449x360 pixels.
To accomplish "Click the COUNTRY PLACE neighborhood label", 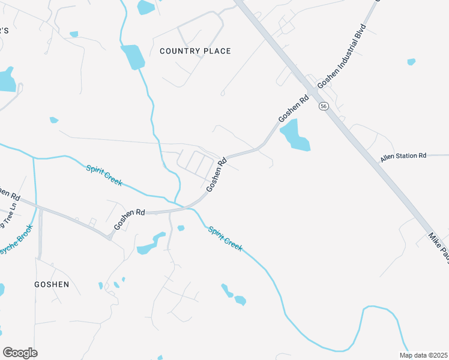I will pyautogui.click(x=195, y=51).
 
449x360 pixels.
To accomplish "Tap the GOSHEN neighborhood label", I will pyautogui.click(x=52, y=284).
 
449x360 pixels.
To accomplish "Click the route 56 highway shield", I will pyautogui.click(x=324, y=106).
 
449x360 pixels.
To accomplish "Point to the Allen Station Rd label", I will pyautogui.click(x=403, y=156).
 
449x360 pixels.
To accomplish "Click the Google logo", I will pyautogui.click(x=20, y=353).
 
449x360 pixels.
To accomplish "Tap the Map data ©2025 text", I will pyautogui.click(x=423, y=355).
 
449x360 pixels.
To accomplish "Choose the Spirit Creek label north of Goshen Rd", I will pyautogui.click(x=104, y=175).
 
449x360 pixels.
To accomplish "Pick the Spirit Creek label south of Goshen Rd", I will pyautogui.click(x=225, y=238).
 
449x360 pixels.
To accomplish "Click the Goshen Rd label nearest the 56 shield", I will pyautogui.click(x=294, y=109).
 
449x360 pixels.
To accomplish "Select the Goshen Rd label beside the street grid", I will pyautogui.click(x=217, y=175).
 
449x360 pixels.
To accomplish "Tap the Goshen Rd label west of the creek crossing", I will pyautogui.click(x=130, y=220).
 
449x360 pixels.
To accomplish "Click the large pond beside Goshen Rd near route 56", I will pyautogui.click(x=294, y=136).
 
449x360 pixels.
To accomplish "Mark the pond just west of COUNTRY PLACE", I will pyautogui.click(x=133, y=57).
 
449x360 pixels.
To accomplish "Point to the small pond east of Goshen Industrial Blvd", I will pyautogui.click(x=411, y=61).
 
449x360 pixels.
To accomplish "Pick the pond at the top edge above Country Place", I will pyautogui.click(x=146, y=7).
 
